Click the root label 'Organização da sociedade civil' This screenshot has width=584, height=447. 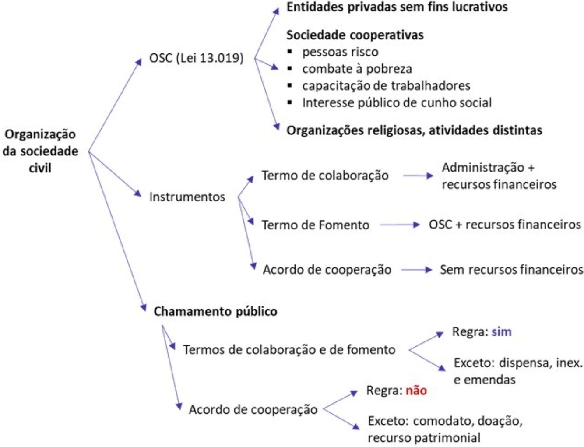pos(40,151)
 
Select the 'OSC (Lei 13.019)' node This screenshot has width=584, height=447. pos(196,58)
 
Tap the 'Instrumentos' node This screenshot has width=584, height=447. pos(187,197)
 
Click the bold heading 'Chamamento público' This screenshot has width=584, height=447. pos(215,311)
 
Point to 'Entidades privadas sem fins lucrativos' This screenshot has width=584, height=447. pos(397,7)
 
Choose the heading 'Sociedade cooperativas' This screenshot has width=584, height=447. pos(355,35)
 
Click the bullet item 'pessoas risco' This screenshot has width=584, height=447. pos(340,52)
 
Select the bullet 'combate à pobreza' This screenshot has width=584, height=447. pos(356,69)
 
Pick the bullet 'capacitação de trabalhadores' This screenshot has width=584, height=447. pos(386,86)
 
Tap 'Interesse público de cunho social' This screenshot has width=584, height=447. pos(396,103)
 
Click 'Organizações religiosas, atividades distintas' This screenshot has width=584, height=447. pos(414,130)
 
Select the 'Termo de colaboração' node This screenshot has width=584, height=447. pos(325,176)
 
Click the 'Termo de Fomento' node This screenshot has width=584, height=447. pos(315,225)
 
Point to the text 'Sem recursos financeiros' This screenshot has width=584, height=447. pos(511,270)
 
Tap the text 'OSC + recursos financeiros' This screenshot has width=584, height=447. pos(504,225)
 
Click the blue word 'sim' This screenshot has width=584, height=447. pos(501,332)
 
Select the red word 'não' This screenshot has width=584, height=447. pos(416,391)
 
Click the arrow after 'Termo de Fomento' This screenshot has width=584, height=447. pos(399,225)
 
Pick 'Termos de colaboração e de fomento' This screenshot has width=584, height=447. pos(289,350)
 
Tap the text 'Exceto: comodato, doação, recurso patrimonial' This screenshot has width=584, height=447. pos(444,429)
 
